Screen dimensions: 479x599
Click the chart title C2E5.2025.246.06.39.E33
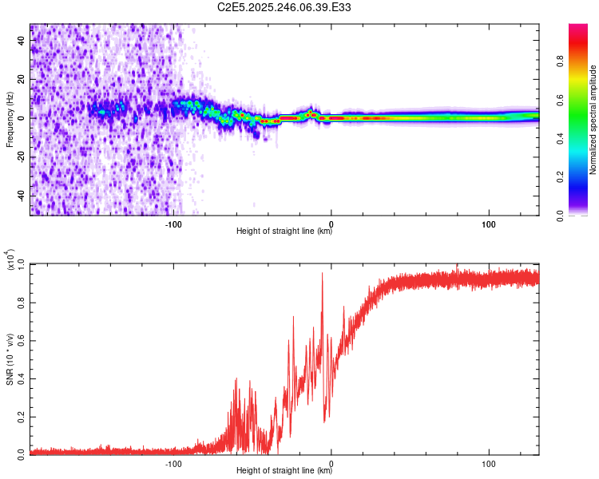(x=284, y=7)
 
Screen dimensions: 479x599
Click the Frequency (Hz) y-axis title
(x=10, y=120)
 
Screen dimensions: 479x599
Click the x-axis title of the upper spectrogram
(x=284, y=232)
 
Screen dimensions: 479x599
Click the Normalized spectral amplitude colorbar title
(x=593, y=120)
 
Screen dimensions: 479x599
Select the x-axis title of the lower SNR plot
(x=284, y=469)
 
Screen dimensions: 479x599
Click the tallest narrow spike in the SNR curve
(x=323, y=274)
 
